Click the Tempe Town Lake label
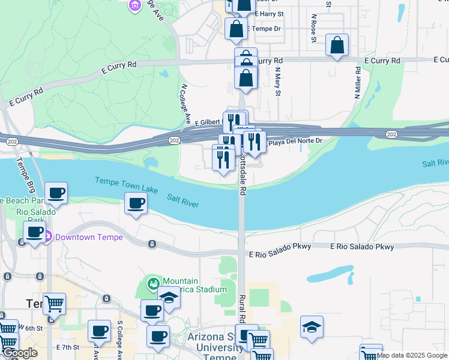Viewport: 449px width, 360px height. [127, 185]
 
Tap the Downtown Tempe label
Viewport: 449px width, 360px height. [89, 237]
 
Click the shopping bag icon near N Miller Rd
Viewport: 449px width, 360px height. [337, 46]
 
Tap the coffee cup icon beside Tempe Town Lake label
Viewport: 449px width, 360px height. [136, 204]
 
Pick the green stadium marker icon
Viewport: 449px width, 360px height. [152, 282]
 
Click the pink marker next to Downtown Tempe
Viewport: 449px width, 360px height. [47, 237]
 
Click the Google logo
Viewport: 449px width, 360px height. [19, 353]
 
